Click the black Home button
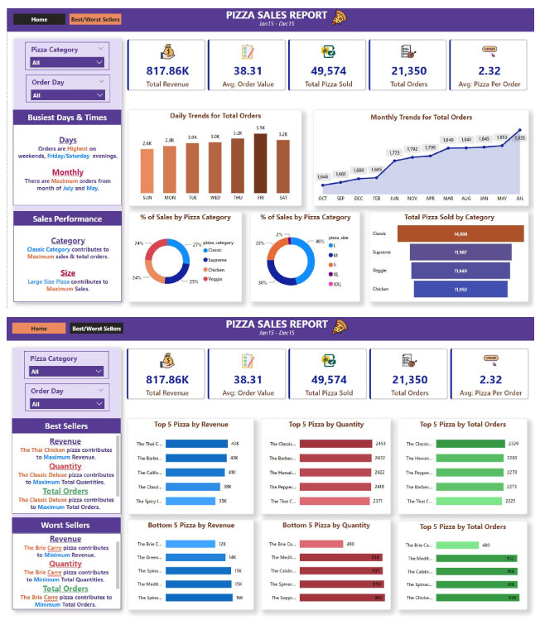point(38,18)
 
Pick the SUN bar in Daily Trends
point(147,171)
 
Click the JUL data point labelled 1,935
point(520,131)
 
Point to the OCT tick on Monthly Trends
point(322,199)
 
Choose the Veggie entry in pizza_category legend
point(215,279)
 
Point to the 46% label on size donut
point(318,242)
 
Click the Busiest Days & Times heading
point(67,118)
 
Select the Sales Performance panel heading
point(67,219)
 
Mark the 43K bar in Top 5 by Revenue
point(196,444)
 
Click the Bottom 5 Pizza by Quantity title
point(326,526)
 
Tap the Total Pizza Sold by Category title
point(448,217)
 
